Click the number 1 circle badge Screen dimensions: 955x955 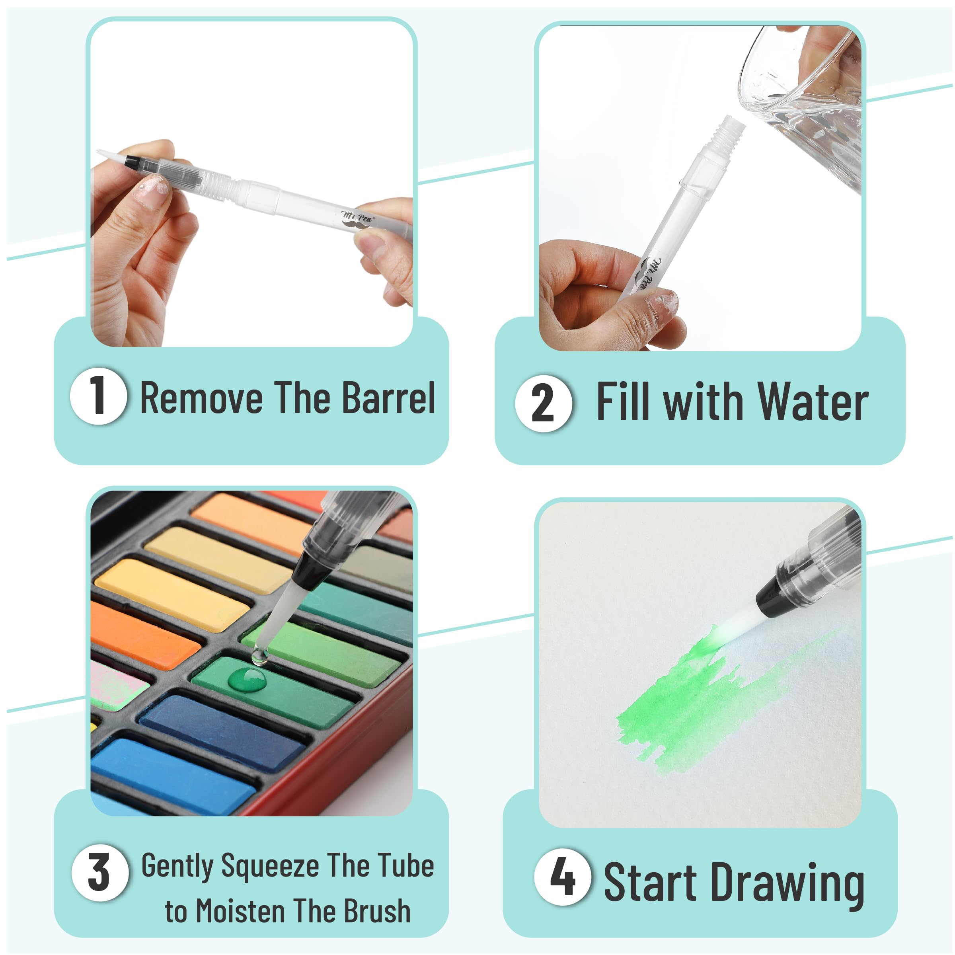[98, 396]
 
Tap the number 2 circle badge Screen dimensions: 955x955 [543, 403]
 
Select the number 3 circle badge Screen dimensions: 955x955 [100, 873]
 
